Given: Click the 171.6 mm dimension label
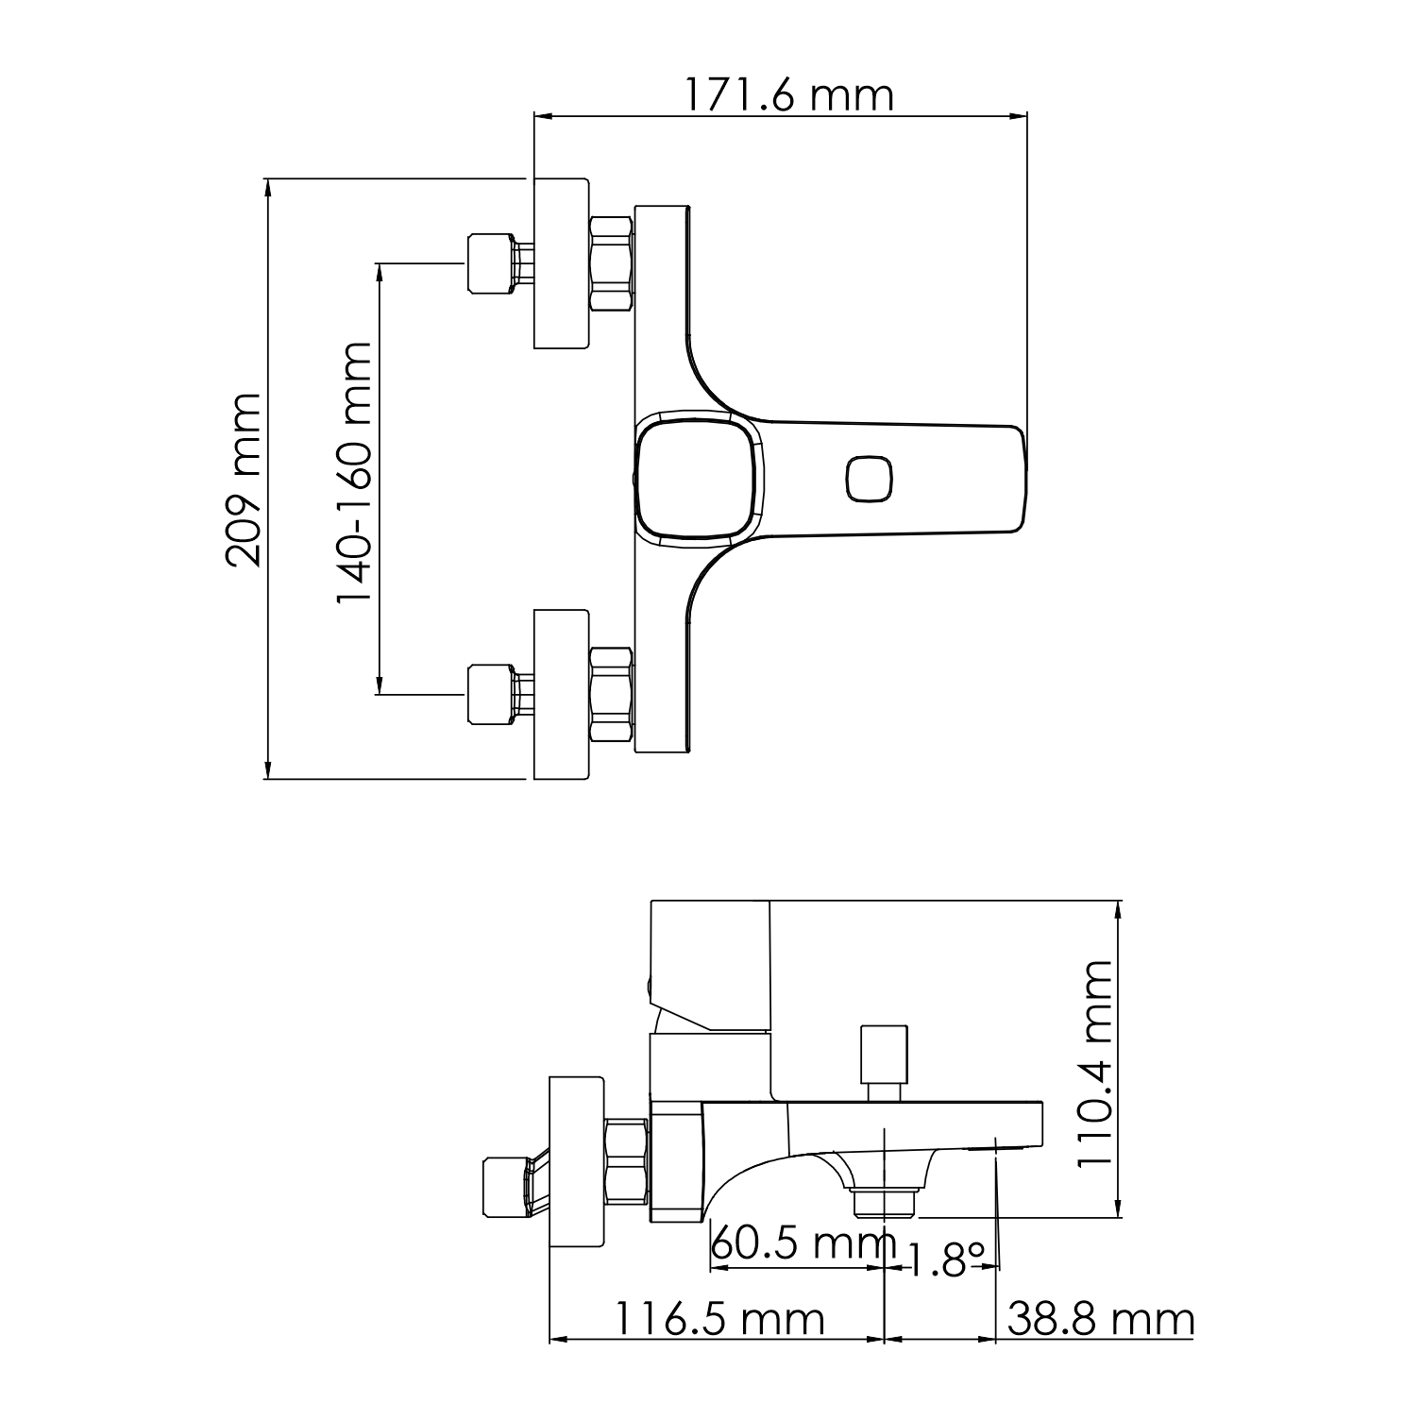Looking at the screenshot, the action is point(787,95).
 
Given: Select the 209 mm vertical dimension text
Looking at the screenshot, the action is point(244,479).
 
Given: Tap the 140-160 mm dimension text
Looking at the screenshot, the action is point(355,475).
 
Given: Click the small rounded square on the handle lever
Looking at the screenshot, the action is point(869,479).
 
